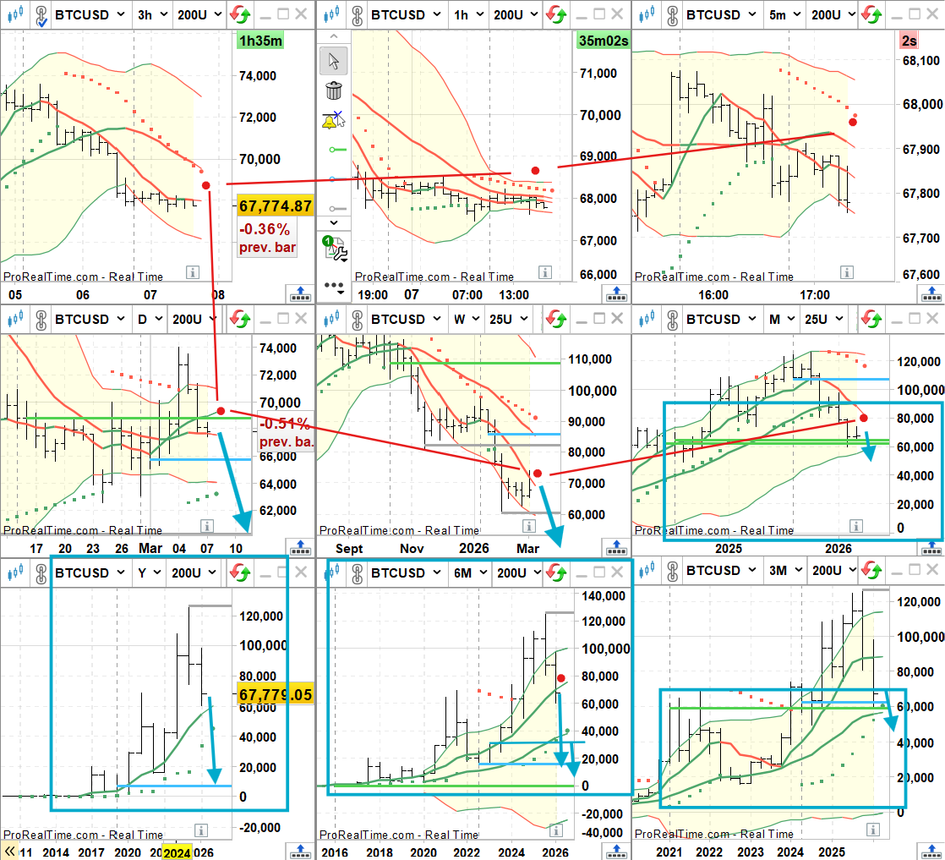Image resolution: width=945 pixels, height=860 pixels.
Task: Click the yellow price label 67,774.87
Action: (x=276, y=205)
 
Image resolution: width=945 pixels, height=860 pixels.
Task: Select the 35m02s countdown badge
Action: (x=603, y=41)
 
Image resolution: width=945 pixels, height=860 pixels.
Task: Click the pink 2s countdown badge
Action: (x=929, y=41)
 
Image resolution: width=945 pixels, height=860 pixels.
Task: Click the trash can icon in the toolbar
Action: (x=334, y=90)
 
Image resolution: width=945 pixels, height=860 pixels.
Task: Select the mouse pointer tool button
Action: (x=334, y=61)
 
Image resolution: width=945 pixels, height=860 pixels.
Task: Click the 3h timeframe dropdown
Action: (x=152, y=14)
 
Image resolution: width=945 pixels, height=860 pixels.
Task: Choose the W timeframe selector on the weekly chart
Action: (x=467, y=319)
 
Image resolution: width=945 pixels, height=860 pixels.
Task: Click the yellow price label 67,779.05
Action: (x=276, y=694)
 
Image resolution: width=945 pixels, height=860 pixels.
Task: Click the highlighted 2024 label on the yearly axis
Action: (x=177, y=852)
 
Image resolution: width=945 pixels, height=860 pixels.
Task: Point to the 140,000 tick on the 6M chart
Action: (x=602, y=595)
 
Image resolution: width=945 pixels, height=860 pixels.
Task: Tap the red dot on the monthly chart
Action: (x=863, y=418)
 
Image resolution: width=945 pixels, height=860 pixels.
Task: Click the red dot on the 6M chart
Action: (x=561, y=677)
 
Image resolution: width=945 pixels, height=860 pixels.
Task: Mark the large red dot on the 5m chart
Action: (x=853, y=122)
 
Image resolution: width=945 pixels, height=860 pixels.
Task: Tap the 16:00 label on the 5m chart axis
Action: (x=713, y=294)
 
